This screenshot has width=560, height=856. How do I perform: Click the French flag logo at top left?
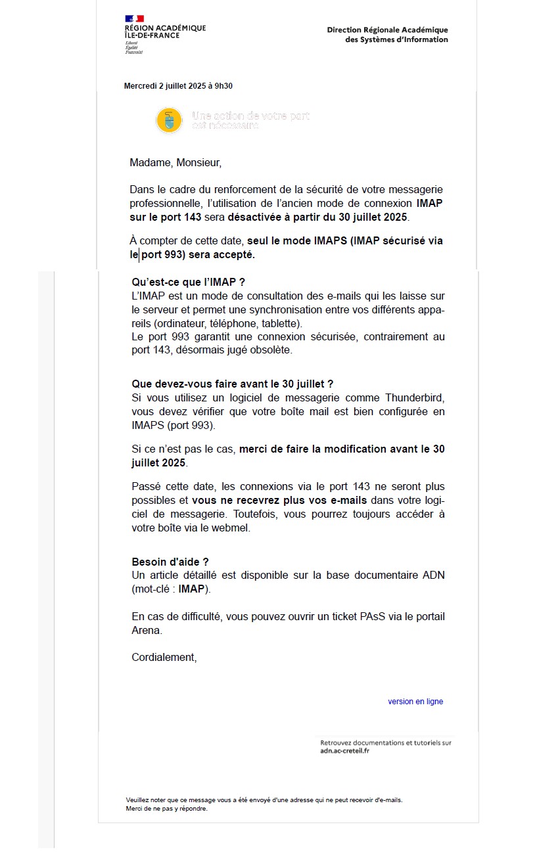[x=134, y=18]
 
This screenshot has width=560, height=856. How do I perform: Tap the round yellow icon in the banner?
[x=169, y=120]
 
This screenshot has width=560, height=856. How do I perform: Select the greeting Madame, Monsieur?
[x=175, y=162]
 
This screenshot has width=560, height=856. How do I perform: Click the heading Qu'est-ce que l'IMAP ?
[x=188, y=282]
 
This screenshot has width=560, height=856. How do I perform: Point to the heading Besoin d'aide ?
[x=170, y=562]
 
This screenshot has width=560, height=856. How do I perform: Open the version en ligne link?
[x=415, y=702]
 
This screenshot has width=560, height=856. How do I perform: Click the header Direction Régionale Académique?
[x=387, y=30]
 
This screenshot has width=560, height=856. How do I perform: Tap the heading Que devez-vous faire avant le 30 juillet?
[x=232, y=384]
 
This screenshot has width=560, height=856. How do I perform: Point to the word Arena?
[x=146, y=631]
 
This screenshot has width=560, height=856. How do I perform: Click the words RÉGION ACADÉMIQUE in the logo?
[x=165, y=28]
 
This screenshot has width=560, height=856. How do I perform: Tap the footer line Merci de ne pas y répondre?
[x=166, y=809]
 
